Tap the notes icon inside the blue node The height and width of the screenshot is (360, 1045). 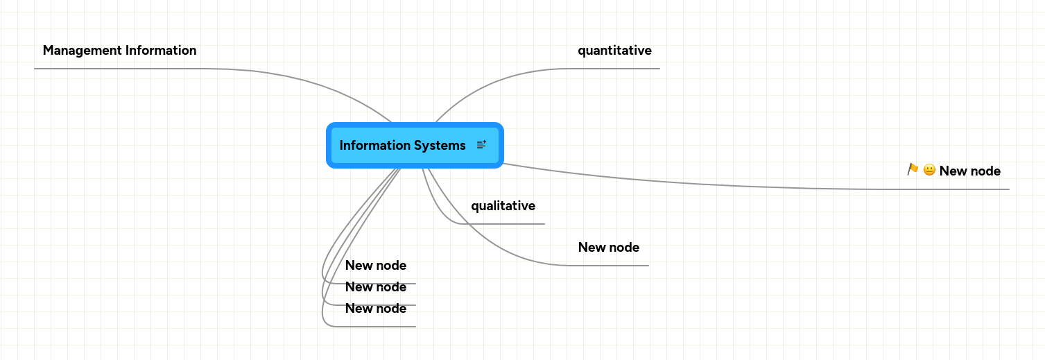pyautogui.click(x=481, y=145)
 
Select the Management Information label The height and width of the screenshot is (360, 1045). pyautogui.click(x=119, y=51)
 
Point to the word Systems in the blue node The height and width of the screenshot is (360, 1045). pyautogui.click(x=440, y=145)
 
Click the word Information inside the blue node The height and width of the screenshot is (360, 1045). pyautogui.click(x=374, y=145)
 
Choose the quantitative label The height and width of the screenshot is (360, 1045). pyautogui.click(x=614, y=51)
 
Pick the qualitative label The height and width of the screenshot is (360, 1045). pyautogui.click(x=503, y=206)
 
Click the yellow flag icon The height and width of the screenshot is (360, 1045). pyautogui.click(x=913, y=169)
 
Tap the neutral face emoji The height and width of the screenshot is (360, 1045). pyautogui.click(x=929, y=171)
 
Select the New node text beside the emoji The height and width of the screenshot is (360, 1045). pyautogui.click(x=969, y=171)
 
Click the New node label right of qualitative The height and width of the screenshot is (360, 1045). pyautogui.click(x=608, y=248)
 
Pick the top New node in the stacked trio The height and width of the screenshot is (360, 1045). pyautogui.click(x=375, y=266)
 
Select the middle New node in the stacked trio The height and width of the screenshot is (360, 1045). pyautogui.click(x=375, y=287)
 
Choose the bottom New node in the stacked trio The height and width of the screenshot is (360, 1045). pyautogui.click(x=375, y=309)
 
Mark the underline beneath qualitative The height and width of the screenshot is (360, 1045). pyautogui.click(x=506, y=224)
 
